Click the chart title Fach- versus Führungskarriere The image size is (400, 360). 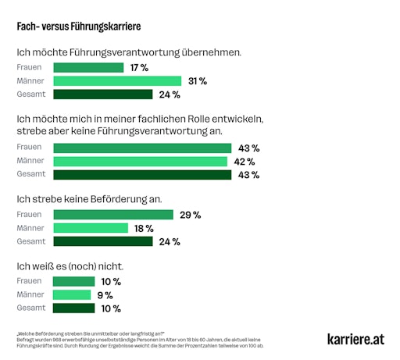[x=79, y=27]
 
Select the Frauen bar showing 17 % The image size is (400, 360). [x=87, y=68]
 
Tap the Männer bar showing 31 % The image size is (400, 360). [x=116, y=81]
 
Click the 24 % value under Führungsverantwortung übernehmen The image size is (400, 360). [x=170, y=94]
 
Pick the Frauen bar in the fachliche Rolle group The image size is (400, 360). [x=141, y=148]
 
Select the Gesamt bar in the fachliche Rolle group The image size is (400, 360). [x=141, y=175]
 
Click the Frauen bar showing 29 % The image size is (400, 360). [x=112, y=215]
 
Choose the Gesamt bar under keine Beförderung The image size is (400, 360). [x=102, y=241]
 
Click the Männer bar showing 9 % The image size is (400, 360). [x=73, y=295]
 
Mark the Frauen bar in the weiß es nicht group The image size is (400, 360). [x=73, y=282]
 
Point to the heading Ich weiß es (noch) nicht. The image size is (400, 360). [x=70, y=266]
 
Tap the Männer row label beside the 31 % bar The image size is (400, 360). [x=30, y=81]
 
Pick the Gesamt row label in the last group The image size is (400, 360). [x=31, y=308]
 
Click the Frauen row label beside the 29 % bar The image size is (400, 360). [x=30, y=215]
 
